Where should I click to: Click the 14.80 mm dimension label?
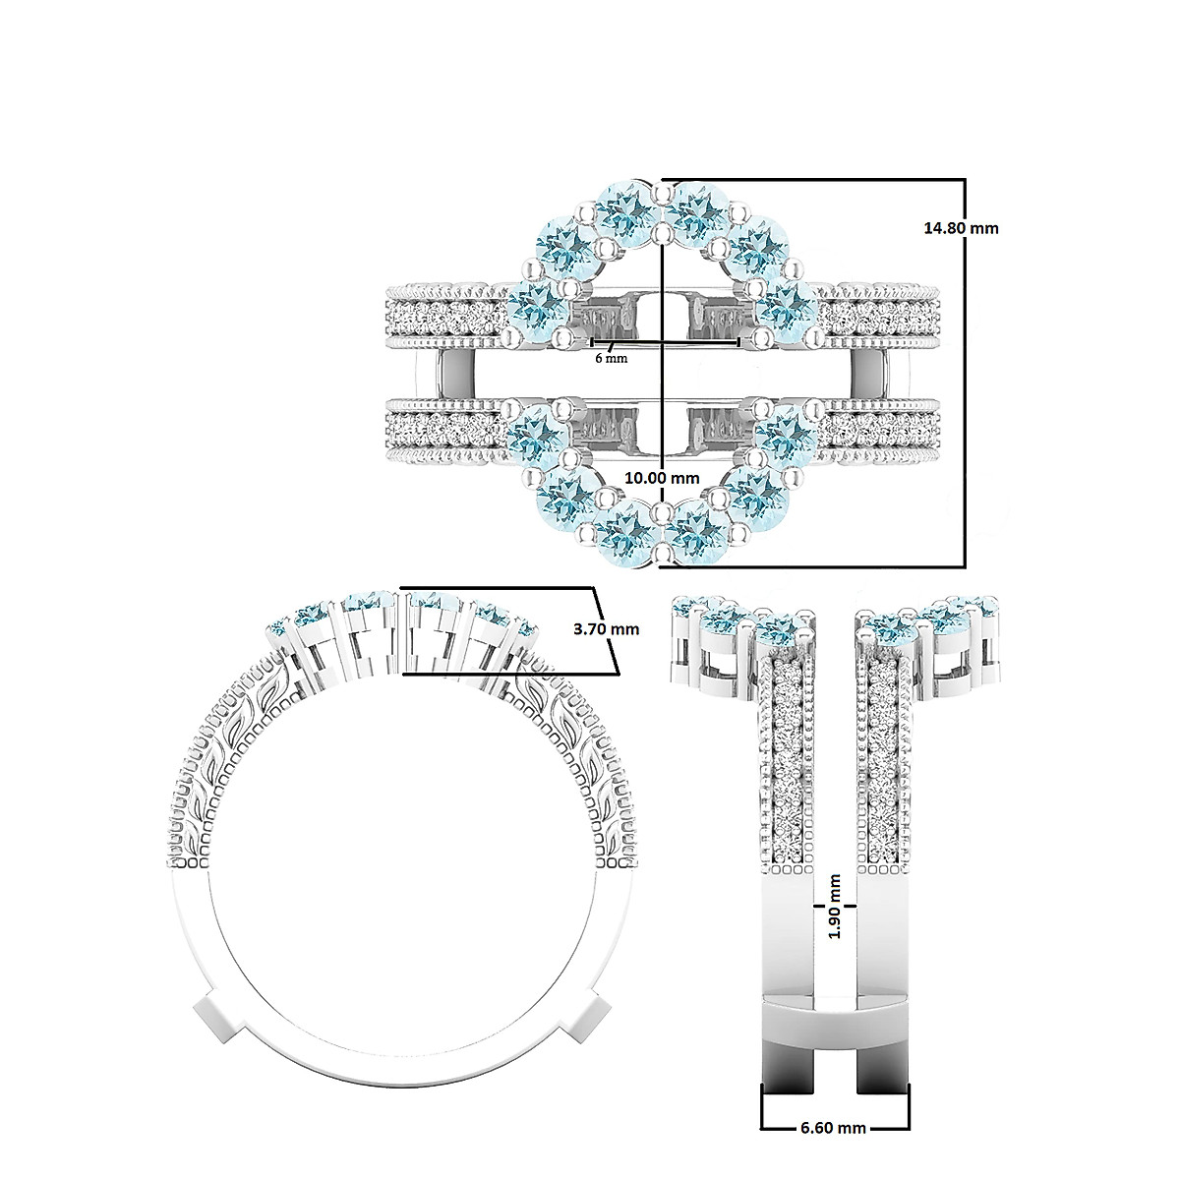(x=961, y=228)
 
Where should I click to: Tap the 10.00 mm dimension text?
(x=663, y=477)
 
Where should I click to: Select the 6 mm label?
(x=611, y=358)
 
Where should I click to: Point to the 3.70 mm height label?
(x=604, y=629)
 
